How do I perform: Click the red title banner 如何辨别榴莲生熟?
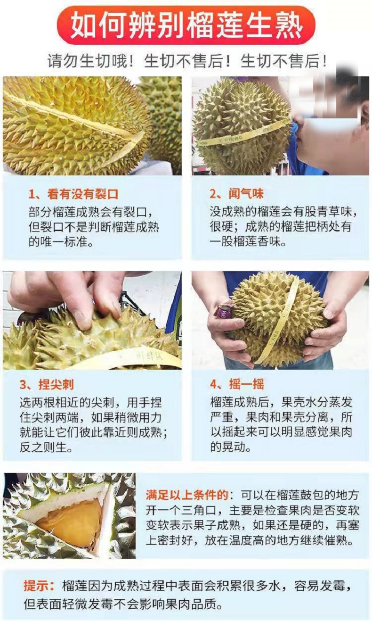186,25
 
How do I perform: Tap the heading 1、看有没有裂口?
73,194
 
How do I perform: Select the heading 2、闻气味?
236,194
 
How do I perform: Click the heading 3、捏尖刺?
47,384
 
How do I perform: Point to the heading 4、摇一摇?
237,384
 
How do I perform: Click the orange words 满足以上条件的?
187,495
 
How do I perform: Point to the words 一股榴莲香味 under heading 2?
248,241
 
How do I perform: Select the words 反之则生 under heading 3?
46,447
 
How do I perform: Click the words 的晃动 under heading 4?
230,447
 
